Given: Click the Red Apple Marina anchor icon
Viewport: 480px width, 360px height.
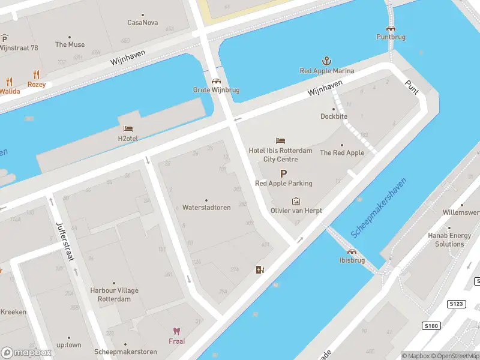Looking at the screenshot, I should tap(327, 61).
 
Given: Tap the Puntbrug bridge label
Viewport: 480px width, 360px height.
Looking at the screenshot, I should tap(391, 37).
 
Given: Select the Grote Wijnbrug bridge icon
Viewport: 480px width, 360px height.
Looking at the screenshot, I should tap(216, 81).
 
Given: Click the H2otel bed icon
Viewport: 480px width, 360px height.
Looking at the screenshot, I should tap(128, 128).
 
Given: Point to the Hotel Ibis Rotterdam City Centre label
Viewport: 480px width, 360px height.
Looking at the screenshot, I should tap(281, 155).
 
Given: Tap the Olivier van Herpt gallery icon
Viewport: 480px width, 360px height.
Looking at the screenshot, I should tap(296, 201).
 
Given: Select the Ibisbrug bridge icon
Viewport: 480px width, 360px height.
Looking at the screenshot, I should tap(352, 251).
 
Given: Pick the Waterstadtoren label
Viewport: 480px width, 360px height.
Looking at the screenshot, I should tap(206, 208).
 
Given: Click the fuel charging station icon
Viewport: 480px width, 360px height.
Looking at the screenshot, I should tap(259, 269).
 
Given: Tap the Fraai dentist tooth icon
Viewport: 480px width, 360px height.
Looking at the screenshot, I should tap(176, 331).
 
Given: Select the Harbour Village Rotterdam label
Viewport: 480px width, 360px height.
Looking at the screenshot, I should tap(115, 295).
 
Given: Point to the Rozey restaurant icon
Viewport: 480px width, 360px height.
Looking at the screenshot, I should tap(37, 75).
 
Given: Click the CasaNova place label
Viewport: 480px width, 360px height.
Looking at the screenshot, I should tap(142, 23).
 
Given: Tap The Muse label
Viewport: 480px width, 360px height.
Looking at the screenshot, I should tap(70, 44).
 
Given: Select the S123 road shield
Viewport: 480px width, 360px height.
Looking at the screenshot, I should tap(457, 305).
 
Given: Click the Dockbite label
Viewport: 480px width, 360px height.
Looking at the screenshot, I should tap(334, 116).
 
